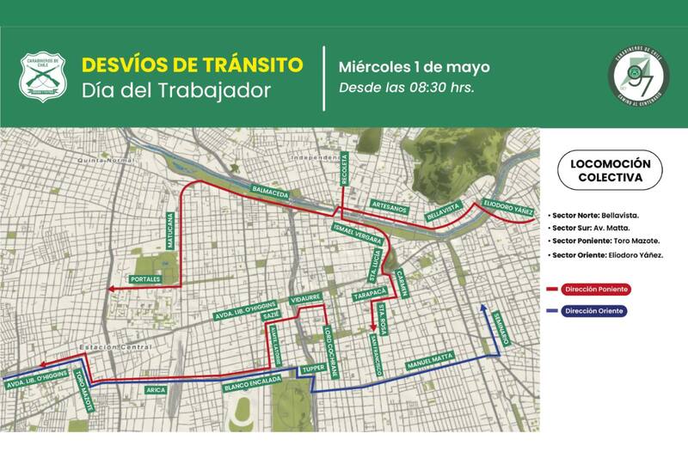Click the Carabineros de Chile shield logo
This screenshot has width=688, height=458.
(x=42, y=78)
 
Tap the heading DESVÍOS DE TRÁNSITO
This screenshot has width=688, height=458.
(x=192, y=65)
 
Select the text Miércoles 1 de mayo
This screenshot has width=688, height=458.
(x=414, y=66)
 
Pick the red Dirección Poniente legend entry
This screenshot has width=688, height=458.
(x=593, y=290)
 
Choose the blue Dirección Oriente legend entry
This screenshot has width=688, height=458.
(x=593, y=311)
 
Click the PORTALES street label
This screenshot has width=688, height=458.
(x=145, y=280)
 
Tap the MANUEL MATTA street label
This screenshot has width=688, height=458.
(x=431, y=360)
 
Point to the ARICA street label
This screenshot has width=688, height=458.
(x=156, y=390)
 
